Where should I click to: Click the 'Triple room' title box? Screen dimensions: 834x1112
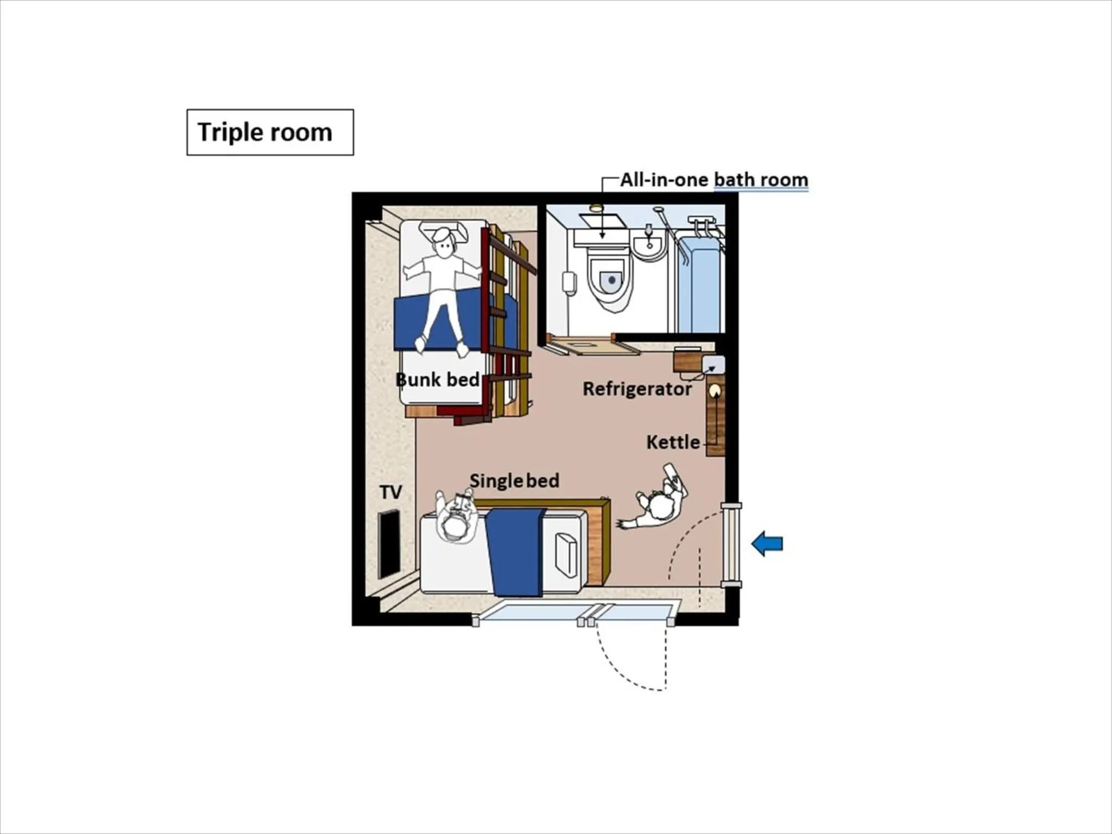(270, 132)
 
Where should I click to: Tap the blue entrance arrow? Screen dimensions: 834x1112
(767, 544)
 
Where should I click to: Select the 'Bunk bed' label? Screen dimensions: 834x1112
(438, 380)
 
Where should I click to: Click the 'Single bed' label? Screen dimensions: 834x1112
(514, 481)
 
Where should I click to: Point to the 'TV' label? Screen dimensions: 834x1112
(390, 492)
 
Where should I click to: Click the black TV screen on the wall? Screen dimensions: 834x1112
(389, 544)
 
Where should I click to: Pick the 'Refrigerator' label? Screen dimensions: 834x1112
(637, 389)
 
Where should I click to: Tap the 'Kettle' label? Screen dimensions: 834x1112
(673, 442)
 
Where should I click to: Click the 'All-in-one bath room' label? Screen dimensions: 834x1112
(714, 179)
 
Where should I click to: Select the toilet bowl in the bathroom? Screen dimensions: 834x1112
(611, 280)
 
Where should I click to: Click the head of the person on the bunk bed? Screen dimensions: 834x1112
(444, 243)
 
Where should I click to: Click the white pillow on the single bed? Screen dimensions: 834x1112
(565, 554)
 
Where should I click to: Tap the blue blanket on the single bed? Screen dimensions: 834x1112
(515, 551)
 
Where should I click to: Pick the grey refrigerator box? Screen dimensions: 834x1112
(713, 364)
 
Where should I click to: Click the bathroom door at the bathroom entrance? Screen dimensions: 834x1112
(592, 344)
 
